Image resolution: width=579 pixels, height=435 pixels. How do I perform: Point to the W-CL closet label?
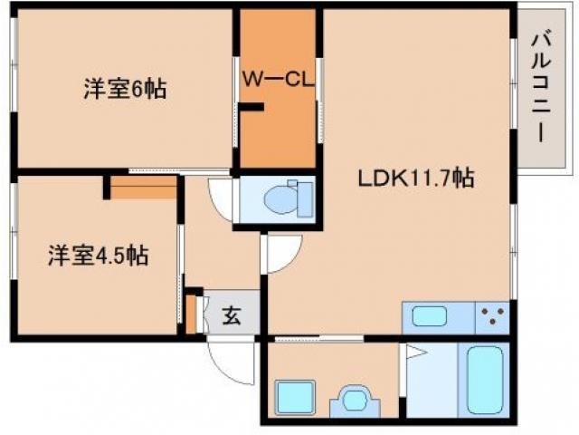click(277, 78)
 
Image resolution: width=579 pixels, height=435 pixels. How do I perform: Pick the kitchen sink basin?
click(430, 317)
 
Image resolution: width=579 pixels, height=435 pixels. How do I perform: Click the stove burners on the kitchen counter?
click(493, 317)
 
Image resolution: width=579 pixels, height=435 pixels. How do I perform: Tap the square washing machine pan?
click(292, 397)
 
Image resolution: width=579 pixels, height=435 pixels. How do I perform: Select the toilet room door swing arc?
click(220, 196)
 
